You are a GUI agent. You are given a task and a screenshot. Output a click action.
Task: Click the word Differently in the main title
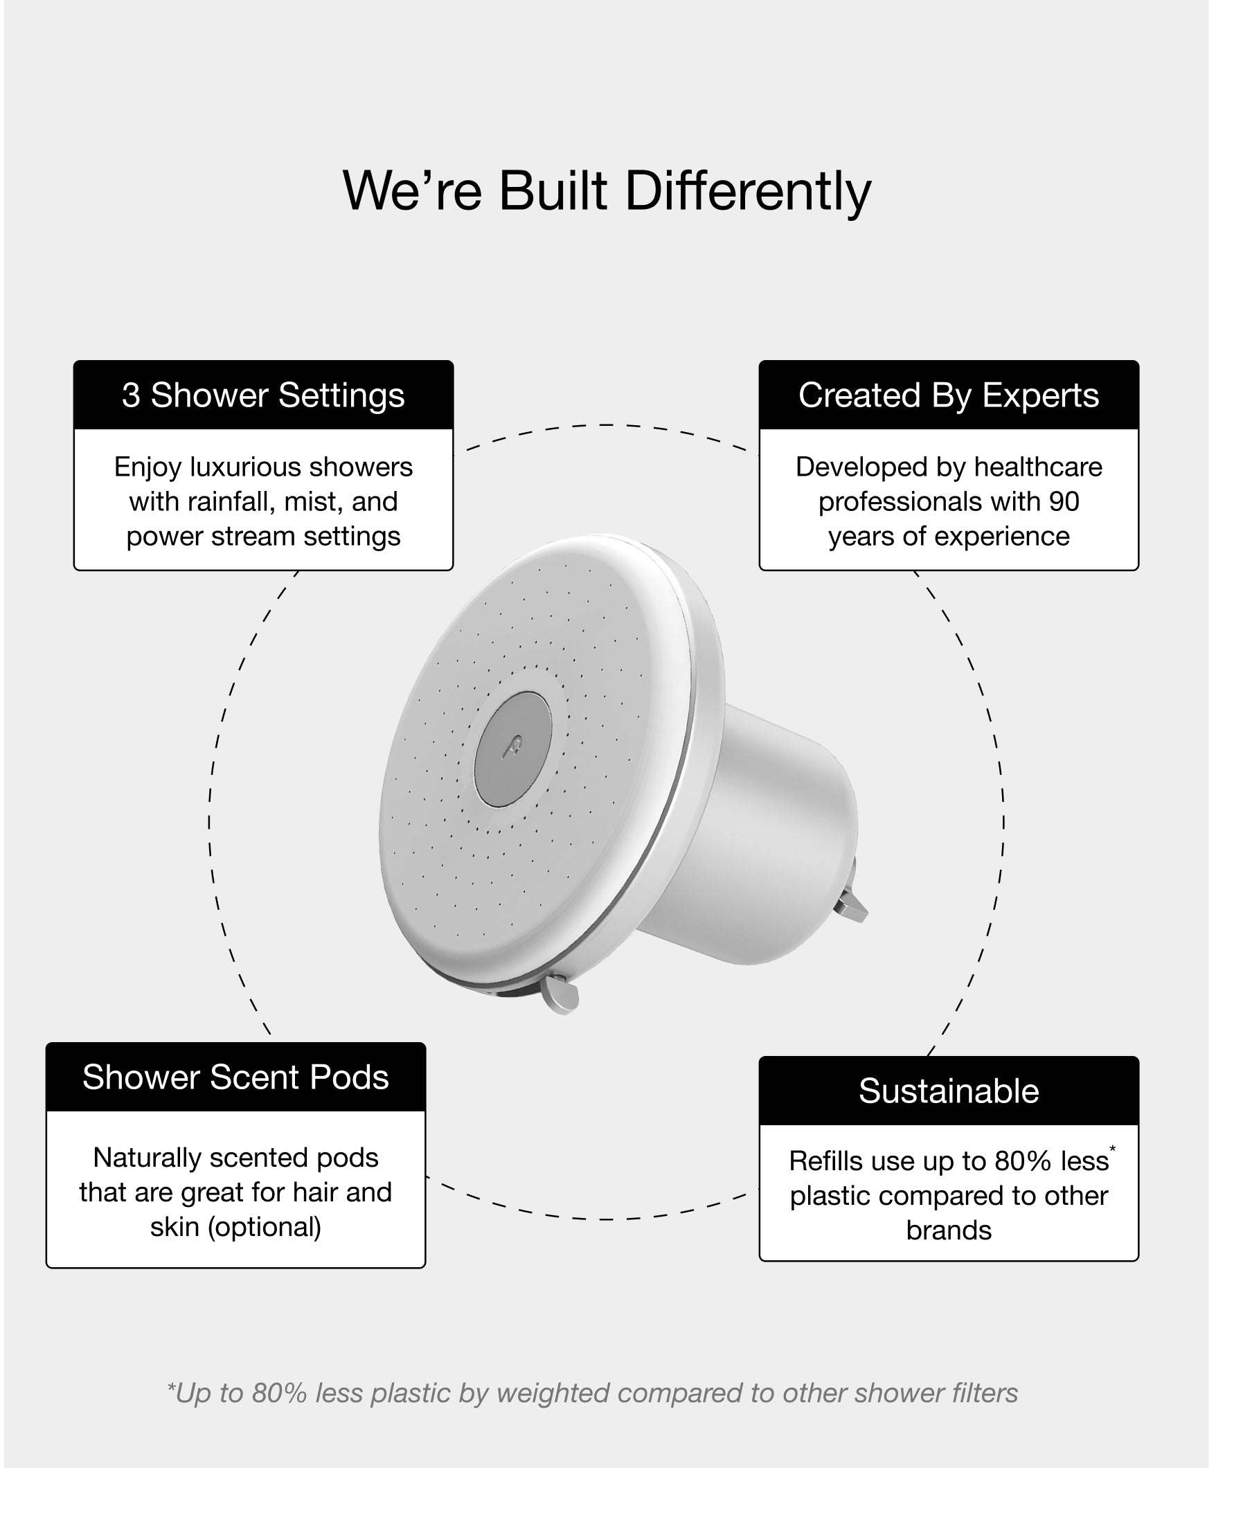(749, 191)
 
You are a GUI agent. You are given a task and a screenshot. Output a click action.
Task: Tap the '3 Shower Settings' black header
(262, 395)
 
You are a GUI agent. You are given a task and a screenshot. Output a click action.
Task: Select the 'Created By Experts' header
(948, 395)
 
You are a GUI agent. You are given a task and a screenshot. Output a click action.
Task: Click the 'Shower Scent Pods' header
(235, 1077)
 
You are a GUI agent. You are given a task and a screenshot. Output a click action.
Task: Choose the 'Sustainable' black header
(948, 1091)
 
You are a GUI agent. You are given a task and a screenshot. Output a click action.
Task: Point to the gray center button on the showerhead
(512, 749)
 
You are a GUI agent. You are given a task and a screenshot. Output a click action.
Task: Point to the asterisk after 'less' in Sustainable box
(1112, 1149)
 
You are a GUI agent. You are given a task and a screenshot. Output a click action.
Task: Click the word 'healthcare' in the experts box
(1037, 467)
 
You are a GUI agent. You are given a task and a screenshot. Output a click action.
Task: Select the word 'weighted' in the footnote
(553, 1393)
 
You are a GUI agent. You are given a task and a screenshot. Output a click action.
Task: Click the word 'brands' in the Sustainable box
(948, 1230)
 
